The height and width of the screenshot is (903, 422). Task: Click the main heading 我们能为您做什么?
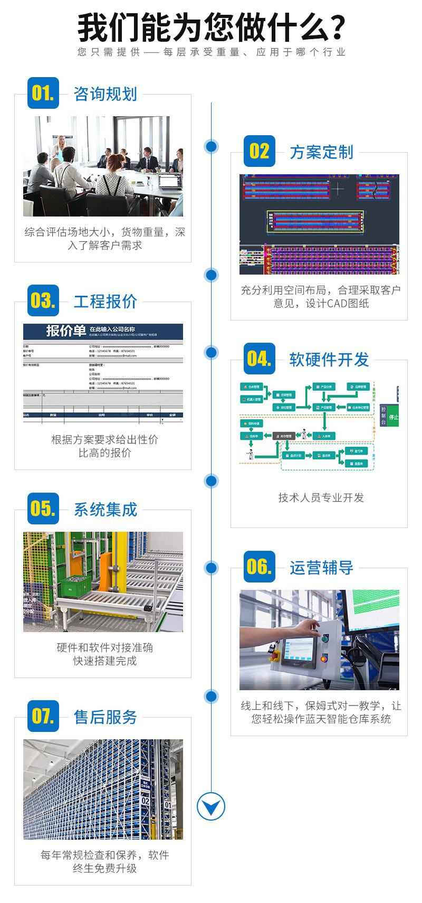coord(211,27)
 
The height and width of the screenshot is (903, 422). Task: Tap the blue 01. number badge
coord(43,93)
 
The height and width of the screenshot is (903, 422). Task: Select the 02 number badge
coord(259,152)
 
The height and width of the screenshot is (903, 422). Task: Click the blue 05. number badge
coord(43,509)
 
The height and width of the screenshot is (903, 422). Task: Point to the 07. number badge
coord(43,716)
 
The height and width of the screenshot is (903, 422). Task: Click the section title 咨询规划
coord(105,94)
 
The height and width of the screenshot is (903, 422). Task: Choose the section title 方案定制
coord(321,152)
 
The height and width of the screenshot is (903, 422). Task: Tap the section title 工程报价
coord(105,302)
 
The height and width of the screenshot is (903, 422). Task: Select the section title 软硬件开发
coord(329,360)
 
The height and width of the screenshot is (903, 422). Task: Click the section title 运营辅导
coord(321,568)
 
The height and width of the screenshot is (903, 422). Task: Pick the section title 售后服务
coord(105,717)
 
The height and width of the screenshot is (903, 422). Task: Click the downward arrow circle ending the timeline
coord(211,806)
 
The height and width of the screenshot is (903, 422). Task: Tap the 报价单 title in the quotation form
coord(66,331)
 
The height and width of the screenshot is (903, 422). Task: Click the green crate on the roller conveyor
coord(75,586)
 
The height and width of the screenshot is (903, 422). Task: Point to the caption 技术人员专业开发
coord(321,497)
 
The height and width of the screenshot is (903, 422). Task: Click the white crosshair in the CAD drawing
coord(338,189)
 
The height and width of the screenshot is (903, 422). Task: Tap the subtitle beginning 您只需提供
coord(211,52)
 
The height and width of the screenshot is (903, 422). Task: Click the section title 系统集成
coord(105,510)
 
